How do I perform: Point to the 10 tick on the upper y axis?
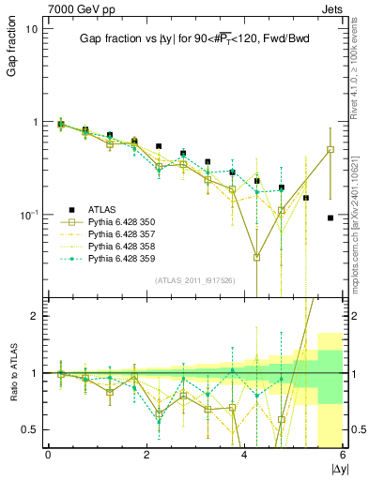tap(30, 29)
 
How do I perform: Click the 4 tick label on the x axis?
tap(245, 455)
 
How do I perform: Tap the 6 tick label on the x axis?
tap(343, 455)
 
